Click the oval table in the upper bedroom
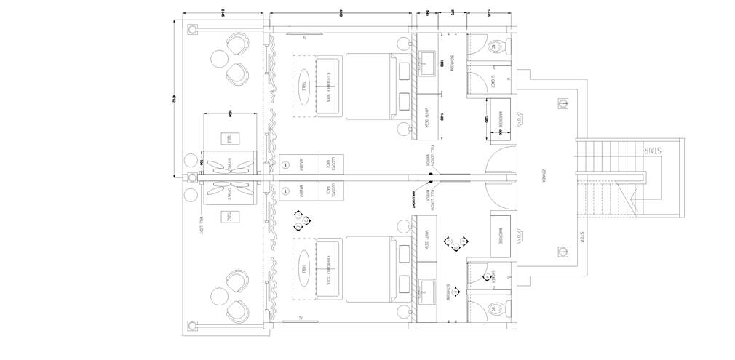[303, 85]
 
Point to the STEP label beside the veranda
[581, 237]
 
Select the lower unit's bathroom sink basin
[428, 291]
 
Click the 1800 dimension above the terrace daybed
[229, 112]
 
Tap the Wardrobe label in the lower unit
[501, 235]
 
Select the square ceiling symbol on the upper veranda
[562, 103]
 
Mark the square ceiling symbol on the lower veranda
[562, 252]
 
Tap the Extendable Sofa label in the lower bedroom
[330, 267]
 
